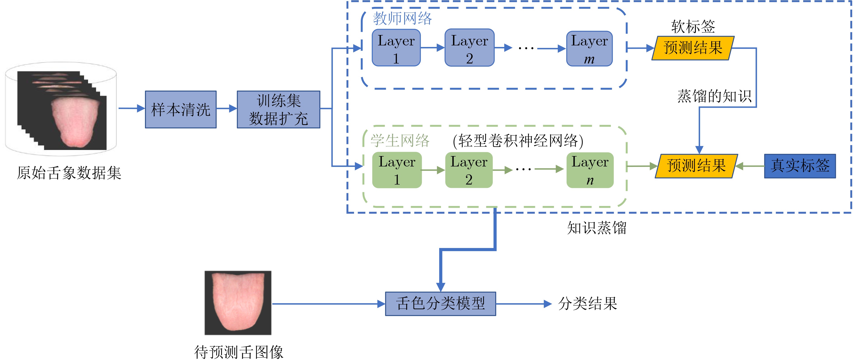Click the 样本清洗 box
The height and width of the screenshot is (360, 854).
[x=181, y=109]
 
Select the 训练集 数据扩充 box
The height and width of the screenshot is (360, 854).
[x=279, y=109]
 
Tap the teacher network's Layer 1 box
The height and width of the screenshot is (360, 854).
[x=396, y=48]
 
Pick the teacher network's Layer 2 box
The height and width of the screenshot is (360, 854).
[x=469, y=48]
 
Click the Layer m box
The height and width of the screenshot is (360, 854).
[x=589, y=48]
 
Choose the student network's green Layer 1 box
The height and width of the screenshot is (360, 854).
[x=397, y=170]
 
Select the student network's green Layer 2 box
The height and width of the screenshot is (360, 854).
[x=469, y=170]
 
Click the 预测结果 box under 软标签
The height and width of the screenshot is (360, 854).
[x=693, y=48]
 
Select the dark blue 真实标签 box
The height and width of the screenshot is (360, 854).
[x=800, y=166]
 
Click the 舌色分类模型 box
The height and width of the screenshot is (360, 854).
[x=441, y=304]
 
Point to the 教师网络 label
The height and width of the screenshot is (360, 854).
[x=402, y=18]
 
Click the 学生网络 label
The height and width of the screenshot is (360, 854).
[x=400, y=140]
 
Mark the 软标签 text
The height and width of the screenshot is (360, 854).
[x=693, y=26]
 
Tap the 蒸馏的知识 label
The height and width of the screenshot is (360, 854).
[x=714, y=96]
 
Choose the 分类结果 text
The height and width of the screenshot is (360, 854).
[x=587, y=303]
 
